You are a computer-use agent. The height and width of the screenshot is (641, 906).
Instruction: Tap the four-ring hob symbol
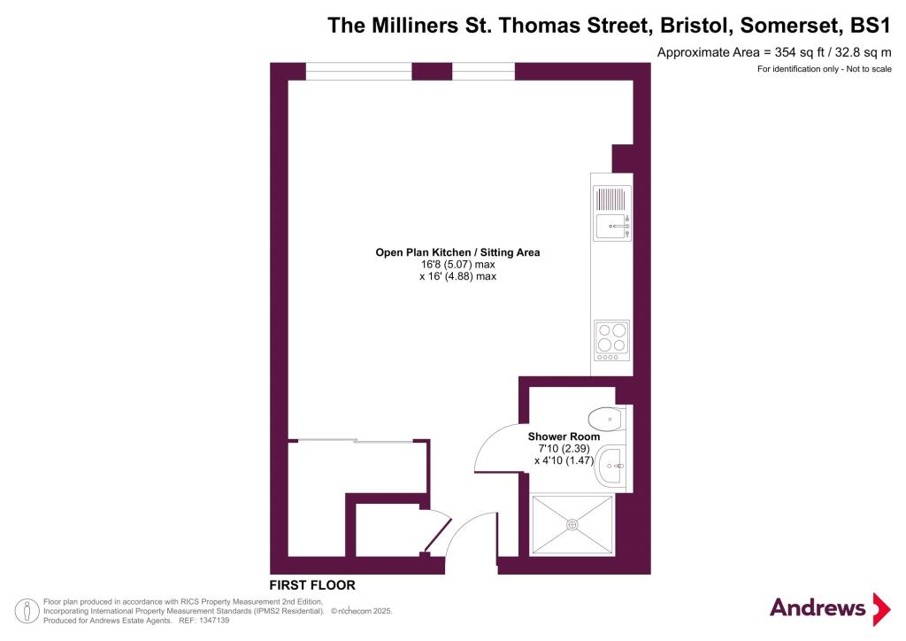tap(612, 341)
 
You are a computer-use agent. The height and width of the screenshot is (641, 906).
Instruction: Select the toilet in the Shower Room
tap(606, 419)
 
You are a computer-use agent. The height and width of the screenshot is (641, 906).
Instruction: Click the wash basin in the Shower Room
tap(610, 466)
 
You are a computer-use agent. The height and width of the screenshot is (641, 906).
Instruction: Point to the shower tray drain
tap(572, 525)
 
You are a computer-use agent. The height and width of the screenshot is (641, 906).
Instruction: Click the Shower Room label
tap(564, 436)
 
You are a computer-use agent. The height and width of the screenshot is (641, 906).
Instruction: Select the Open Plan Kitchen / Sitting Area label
tap(457, 252)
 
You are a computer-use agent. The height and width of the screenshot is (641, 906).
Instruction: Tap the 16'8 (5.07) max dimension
tap(457, 264)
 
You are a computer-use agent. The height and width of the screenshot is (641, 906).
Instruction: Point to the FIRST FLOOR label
tap(312, 585)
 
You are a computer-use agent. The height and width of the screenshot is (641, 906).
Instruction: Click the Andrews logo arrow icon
tap(881, 608)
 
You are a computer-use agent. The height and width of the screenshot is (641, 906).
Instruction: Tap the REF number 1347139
tap(214, 621)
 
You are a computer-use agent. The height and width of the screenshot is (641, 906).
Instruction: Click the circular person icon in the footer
tap(27, 612)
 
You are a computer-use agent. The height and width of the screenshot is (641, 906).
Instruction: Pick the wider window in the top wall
tap(358, 71)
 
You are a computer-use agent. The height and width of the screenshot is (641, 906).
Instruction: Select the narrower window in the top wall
tap(483, 71)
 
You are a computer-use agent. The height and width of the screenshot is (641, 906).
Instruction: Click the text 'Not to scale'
tap(869, 69)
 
